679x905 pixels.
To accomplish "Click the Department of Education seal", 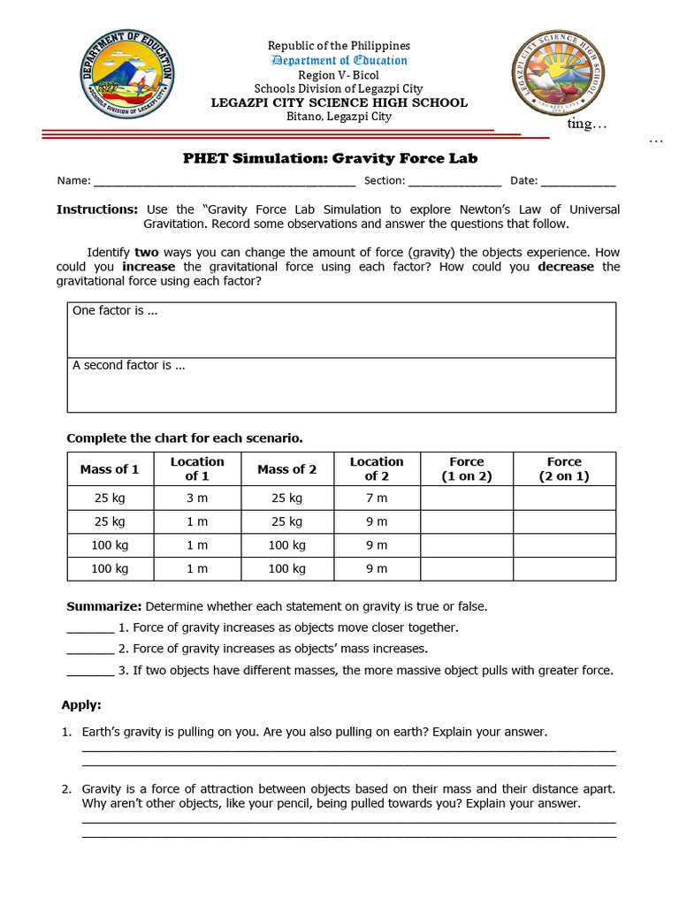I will click(128, 74).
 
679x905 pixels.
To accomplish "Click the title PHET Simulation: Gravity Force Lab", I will click(330, 158).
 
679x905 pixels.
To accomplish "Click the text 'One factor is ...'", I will click(115, 311).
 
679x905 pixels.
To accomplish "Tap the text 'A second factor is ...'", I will click(128, 365).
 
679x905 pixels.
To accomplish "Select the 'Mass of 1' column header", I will click(110, 469).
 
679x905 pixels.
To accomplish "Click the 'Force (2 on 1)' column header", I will click(564, 468).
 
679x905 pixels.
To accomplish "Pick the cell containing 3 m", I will click(196, 498).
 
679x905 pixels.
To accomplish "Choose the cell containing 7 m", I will click(377, 498).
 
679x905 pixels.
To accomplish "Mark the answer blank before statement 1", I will click(90, 629).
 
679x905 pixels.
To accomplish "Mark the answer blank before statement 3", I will click(90, 672).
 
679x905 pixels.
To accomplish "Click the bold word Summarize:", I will click(104, 606).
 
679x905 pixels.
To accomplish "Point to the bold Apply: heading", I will click(81, 705).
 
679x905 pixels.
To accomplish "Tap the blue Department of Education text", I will click(339, 60).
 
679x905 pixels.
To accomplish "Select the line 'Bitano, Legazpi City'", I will click(339, 117).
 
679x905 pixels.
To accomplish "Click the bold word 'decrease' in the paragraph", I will click(566, 267).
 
